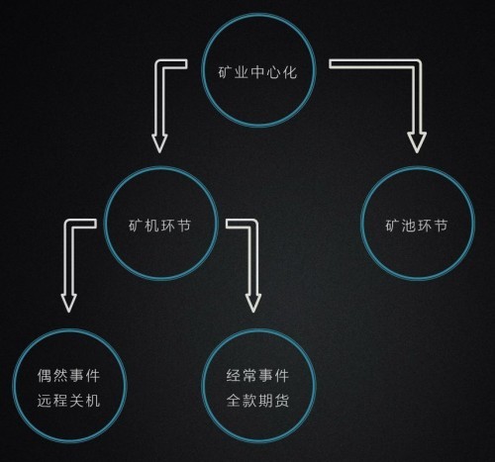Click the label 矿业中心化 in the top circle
click(257, 72)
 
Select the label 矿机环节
click(159, 226)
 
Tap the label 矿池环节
click(417, 226)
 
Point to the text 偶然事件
click(68, 376)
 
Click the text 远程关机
click(68, 401)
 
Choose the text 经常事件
click(257, 376)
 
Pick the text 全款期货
click(257, 401)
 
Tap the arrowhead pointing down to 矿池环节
click(417, 142)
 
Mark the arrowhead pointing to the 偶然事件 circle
click(68, 303)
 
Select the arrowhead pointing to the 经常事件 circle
click(253, 303)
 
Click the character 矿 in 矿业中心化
click(226, 72)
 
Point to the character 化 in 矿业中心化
click(290, 72)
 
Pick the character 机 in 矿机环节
click(151, 226)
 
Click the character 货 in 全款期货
click(282, 401)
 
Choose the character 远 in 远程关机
click(45, 401)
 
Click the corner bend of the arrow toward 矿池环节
click(417, 64)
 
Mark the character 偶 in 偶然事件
click(45, 376)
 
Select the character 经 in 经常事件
click(234, 376)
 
